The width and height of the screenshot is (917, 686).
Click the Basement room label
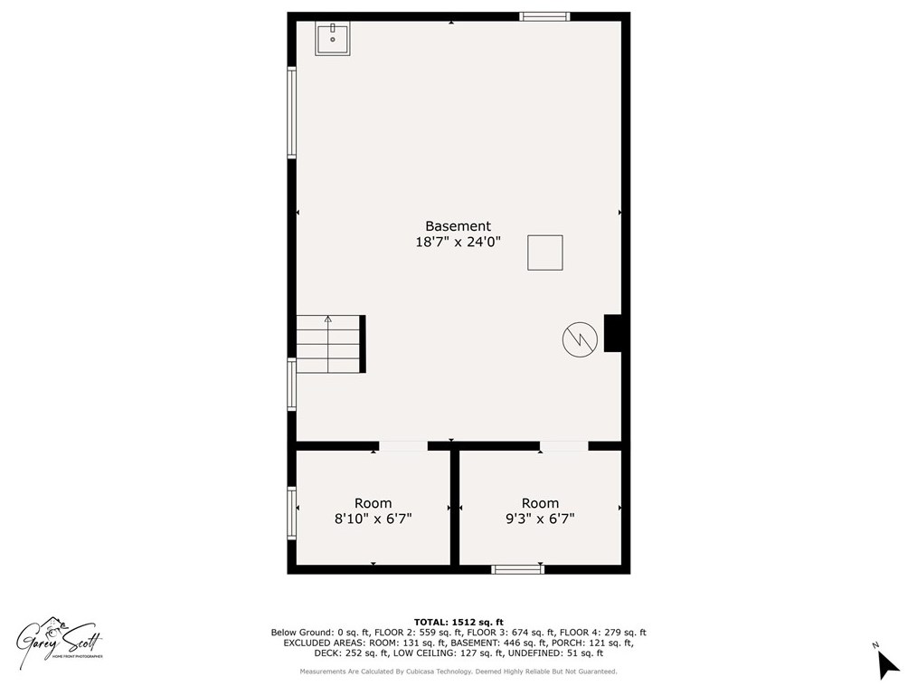pos(458,226)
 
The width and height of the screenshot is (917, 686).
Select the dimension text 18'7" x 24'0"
pos(458,243)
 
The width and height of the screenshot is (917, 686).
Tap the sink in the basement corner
pos(333,39)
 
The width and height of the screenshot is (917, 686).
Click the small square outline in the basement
pos(545,252)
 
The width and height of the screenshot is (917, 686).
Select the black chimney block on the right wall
pos(612,332)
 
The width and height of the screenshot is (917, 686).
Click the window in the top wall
pos(544,16)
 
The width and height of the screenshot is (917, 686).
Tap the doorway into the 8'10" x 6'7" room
pos(402,445)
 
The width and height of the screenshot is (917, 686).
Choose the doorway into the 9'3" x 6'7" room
pos(563,445)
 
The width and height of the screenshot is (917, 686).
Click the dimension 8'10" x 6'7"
pos(373,519)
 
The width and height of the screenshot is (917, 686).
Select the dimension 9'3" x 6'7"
pos(540,519)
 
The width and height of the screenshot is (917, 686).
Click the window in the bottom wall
pos(517,569)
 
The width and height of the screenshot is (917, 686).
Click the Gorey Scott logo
pos(60,639)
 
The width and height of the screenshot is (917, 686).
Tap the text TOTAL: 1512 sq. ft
pos(458,622)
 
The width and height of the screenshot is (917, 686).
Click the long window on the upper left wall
pos(292,113)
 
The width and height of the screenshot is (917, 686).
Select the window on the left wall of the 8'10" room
pos(292,513)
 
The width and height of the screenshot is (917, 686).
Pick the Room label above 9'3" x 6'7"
pos(540,503)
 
